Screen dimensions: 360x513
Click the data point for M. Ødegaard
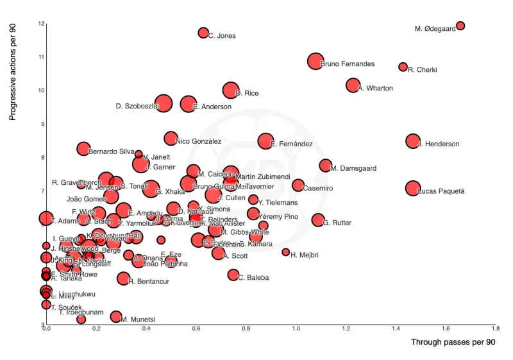tap(460, 26)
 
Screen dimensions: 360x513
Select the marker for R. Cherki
tap(403, 67)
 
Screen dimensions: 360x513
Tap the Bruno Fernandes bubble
tap(315, 61)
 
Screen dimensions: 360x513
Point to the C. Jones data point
tap(203, 33)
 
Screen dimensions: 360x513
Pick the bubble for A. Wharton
tap(353, 85)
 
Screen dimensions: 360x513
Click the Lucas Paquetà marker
tap(412, 188)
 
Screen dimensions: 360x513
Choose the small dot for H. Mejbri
tap(285, 252)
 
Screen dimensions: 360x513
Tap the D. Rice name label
tap(247, 94)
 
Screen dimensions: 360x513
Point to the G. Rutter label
tap(337, 223)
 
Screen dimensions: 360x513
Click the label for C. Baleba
tap(253, 278)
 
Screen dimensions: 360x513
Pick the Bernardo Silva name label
tap(111, 152)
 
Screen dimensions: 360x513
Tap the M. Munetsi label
tap(138, 320)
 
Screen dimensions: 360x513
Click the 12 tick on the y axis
tap(41, 24)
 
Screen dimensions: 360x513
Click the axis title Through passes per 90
tap(453, 343)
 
